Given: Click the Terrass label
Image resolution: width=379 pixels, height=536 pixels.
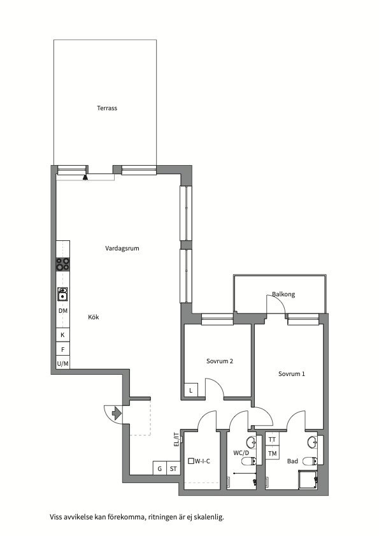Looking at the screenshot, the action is click(107, 108).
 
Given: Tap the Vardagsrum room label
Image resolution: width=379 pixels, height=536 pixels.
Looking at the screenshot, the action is click(122, 249).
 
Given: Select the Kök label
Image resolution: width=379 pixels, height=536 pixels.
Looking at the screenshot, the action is click(93, 317).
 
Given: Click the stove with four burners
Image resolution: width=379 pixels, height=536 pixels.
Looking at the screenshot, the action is click(63, 264).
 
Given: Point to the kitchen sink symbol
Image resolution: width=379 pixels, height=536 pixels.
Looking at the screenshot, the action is click(62, 294).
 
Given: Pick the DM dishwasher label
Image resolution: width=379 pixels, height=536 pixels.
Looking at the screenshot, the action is click(63, 311).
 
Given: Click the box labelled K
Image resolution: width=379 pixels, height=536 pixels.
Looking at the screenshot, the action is click(63, 335).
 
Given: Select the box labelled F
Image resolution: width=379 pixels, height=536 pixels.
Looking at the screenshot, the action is click(63, 349).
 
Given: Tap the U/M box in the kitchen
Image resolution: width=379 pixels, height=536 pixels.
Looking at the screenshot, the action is click(63, 363).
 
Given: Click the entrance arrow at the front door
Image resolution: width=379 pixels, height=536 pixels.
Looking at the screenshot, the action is click(117, 413).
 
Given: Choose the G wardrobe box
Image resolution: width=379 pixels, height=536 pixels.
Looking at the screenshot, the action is click(160, 468).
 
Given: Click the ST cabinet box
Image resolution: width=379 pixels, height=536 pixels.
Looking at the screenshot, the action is click(173, 468).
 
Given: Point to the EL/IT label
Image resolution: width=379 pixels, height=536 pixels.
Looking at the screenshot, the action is click(176, 440).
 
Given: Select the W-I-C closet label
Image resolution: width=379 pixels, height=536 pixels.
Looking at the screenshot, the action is click(199, 461).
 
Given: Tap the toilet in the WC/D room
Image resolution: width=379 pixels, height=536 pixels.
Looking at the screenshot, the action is click(249, 461).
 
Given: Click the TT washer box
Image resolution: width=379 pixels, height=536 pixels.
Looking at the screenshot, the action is click(273, 439).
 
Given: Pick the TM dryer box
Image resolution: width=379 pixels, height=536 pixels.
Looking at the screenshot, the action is click(273, 454).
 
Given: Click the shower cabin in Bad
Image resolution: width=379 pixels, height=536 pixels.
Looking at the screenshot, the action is click(308, 480).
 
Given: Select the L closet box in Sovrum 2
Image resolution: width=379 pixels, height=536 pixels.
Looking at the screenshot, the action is click(191, 390).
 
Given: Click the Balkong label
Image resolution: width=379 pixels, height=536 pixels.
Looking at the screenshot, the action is click(283, 294).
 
